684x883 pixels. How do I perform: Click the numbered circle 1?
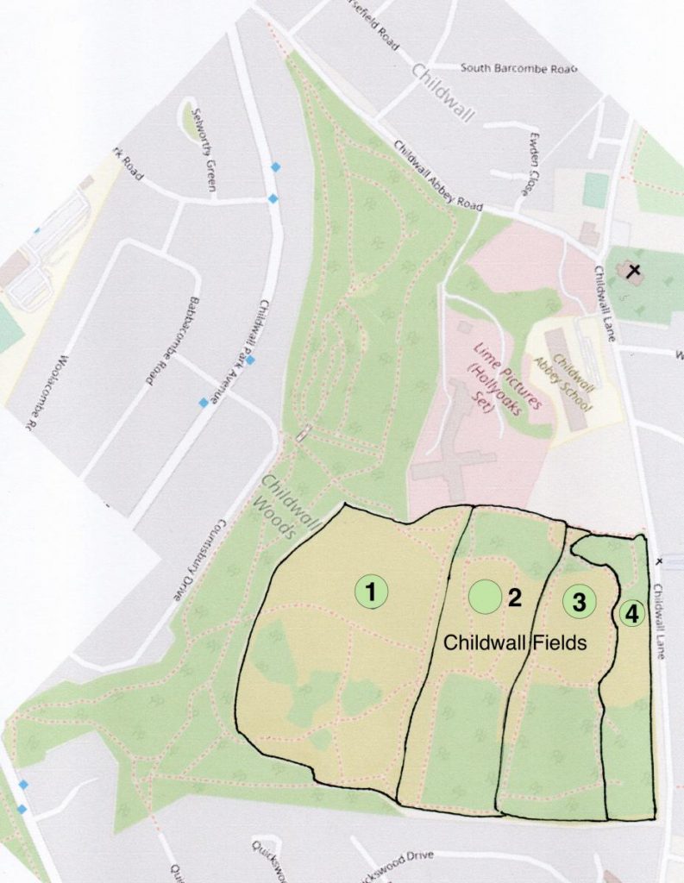tap(371, 592)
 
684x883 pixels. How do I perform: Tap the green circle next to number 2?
tap(485, 597)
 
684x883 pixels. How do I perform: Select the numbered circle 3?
tap(580, 602)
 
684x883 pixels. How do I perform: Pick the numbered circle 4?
tap(631, 614)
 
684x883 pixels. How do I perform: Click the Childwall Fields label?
tap(514, 643)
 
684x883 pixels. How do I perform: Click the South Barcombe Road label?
tap(518, 67)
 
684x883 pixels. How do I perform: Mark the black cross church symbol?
tap(634, 272)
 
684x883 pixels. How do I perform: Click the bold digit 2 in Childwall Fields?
tap(515, 598)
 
